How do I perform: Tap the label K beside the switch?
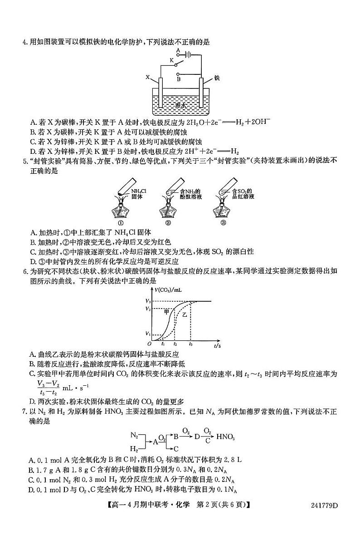point(172,60)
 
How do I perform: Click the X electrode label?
point(148,78)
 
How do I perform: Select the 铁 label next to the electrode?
point(217,78)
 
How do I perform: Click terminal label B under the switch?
point(179,78)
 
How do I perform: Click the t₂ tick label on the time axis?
point(175,345)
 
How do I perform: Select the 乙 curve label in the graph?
point(185,314)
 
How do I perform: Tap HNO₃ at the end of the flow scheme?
point(225,437)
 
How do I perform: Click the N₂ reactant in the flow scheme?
point(134,435)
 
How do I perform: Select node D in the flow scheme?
point(197,437)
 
